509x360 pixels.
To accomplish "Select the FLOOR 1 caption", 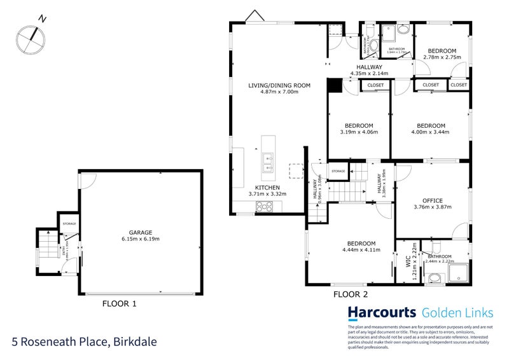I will pyautogui.click(x=120, y=304).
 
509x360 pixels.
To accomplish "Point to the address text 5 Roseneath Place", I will pyautogui.click(x=60, y=342).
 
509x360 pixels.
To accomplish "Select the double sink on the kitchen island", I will pyautogui.click(x=267, y=163).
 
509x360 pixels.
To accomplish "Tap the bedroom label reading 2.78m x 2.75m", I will pyautogui.click(x=442, y=51).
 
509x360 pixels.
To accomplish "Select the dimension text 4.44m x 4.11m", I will pyautogui.click(x=361, y=251).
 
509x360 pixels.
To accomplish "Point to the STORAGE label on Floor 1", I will pyautogui.click(x=69, y=224).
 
